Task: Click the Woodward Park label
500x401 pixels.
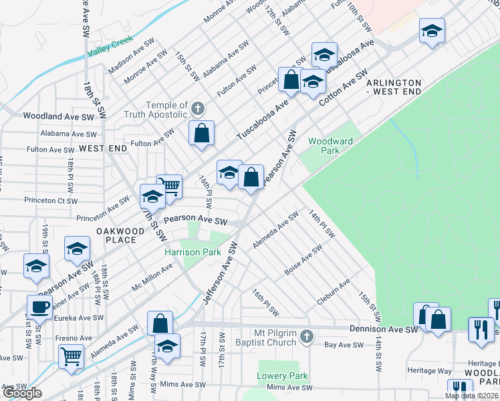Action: [324, 146]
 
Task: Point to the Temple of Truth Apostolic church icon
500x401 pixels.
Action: [197, 108]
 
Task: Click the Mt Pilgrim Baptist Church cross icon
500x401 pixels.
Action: [306, 336]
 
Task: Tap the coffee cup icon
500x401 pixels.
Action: [39, 307]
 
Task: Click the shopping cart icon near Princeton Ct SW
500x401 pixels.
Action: [170, 186]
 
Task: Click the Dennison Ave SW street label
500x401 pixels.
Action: [384, 329]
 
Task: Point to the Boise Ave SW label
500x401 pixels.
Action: [303, 258]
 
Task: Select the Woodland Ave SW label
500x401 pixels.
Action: [59, 116]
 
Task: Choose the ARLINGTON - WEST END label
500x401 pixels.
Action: [394, 86]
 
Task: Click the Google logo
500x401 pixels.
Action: [21, 393]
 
